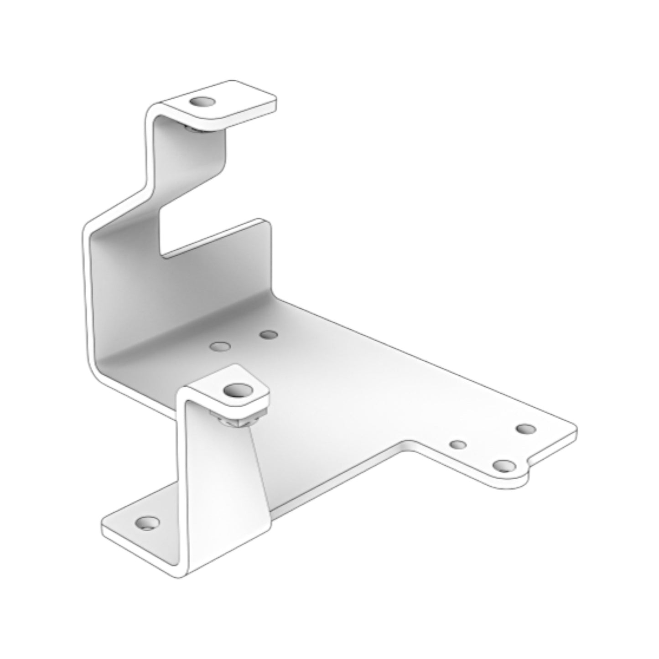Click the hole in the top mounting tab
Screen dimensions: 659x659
click(x=202, y=102)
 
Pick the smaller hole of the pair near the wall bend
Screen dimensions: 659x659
click(x=269, y=335)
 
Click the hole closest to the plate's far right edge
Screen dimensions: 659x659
click(x=526, y=429)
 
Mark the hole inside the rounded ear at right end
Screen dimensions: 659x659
click(x=504, y=466)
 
